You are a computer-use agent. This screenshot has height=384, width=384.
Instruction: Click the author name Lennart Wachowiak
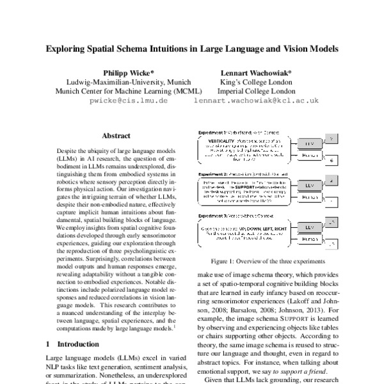click(255, 72)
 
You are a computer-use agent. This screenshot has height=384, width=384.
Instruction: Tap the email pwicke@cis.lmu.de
click(129, 100)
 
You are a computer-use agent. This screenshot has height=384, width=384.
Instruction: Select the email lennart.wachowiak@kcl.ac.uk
click(255, 100)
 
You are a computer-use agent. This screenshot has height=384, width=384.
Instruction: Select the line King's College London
click(255, 82)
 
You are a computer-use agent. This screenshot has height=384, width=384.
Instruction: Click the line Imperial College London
click(255, 91)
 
